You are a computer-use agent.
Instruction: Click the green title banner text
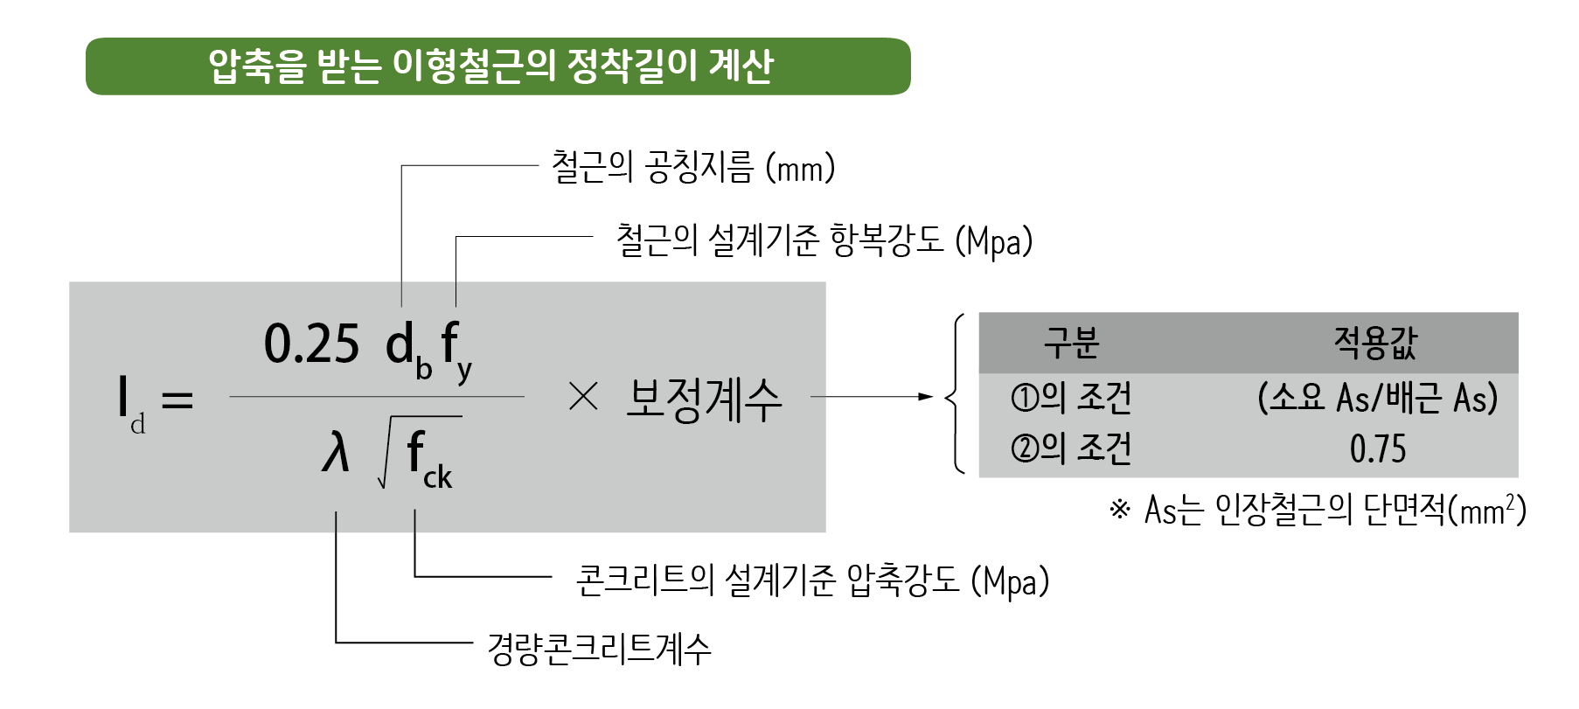coord(490,66)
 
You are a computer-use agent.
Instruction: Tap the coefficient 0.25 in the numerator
coord(311,344)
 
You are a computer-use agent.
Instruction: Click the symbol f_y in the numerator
coord(456,350)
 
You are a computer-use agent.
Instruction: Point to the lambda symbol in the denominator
coord(335,454)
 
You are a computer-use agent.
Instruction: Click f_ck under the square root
coord(428,461)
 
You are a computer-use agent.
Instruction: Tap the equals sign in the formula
coord(177,401)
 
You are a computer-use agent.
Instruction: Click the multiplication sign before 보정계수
coord(582,398)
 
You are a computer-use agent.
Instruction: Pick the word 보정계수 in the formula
coord(704,400)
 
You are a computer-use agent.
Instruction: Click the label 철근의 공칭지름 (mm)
coord(692,167)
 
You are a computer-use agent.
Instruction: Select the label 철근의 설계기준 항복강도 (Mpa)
coord(824,240)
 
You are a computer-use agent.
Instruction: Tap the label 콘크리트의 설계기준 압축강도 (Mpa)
coord(811,580)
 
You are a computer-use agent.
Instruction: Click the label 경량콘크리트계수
coord(599,649)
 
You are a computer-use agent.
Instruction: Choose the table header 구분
coord(1071,343)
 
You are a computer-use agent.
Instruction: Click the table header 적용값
coord(1375,343)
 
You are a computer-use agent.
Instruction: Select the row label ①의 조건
coord(1071,399)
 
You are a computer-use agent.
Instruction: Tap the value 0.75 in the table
coord(1378,449)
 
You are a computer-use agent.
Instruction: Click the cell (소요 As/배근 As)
coord(1377,399)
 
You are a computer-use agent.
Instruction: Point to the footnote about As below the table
coord(1317,510)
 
